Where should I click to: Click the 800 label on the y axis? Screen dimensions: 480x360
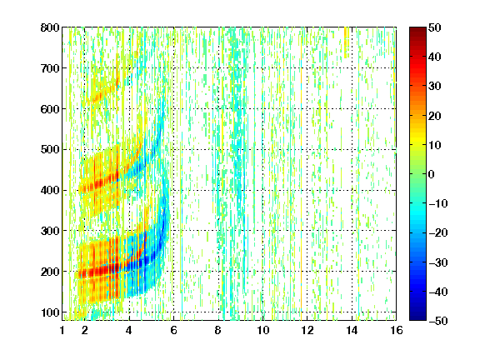click(50, 27)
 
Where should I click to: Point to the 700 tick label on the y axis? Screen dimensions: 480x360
click(50, 68)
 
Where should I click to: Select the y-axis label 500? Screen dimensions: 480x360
click(50, 150)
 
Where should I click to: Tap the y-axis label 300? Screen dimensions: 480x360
click(50, 231)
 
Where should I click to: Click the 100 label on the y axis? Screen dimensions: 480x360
click(50, 312)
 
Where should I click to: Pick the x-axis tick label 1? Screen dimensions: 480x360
click(62, 330)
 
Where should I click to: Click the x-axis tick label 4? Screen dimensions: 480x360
click(129, 330)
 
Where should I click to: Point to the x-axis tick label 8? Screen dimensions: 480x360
click(217, 330)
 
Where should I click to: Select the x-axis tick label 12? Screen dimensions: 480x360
click(307, 330)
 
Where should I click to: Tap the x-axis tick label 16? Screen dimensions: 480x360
click(396, 330)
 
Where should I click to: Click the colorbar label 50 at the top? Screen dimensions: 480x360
click(435, 27)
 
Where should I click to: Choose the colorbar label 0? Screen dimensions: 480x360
click(432, 174)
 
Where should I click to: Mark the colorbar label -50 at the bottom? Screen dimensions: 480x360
click(438, 321)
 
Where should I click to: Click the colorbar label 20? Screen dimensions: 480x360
click(435, 116)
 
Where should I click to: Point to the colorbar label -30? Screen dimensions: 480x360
click(438, 262)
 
